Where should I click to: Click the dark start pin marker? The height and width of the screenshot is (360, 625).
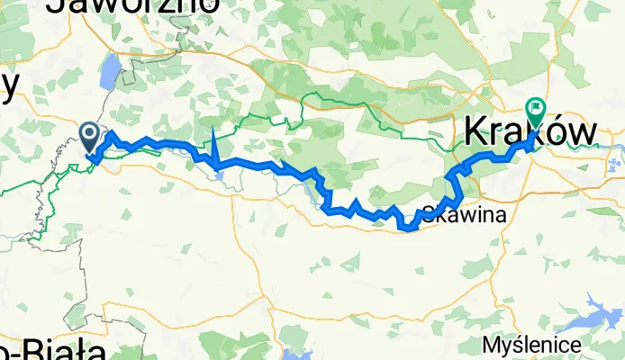pos(91,138)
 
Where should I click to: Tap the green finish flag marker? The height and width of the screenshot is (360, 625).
pos(539,112)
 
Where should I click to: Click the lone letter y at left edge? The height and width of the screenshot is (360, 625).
pos(9,85)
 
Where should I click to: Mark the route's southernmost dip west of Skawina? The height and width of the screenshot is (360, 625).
pos(408,228)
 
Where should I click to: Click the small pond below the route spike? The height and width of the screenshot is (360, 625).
pos(219,173)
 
